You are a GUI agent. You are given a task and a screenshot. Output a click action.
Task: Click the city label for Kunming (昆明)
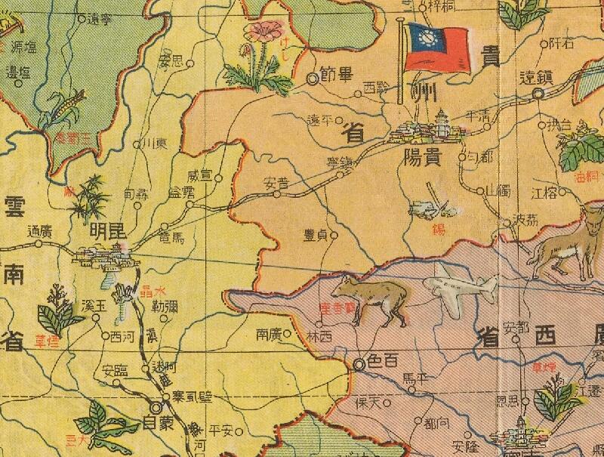pos(106,230)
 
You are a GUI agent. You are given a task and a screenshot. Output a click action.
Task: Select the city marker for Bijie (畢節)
pos(313,77)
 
